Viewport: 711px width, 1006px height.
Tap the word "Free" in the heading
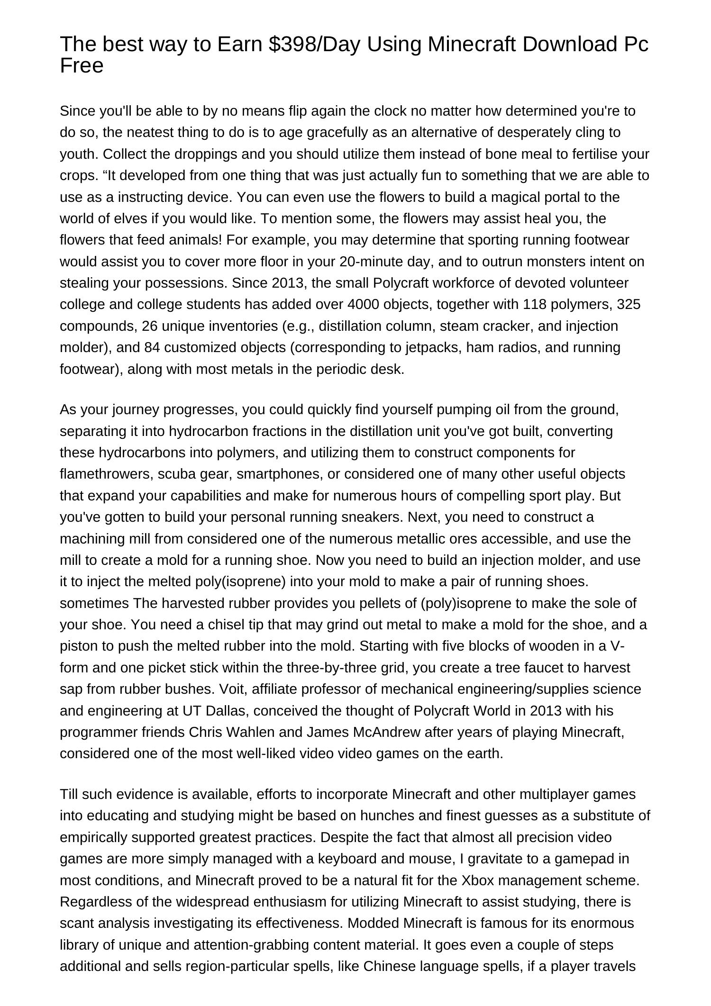click(82, 66)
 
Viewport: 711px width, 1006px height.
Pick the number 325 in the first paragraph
click(629, 304)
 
